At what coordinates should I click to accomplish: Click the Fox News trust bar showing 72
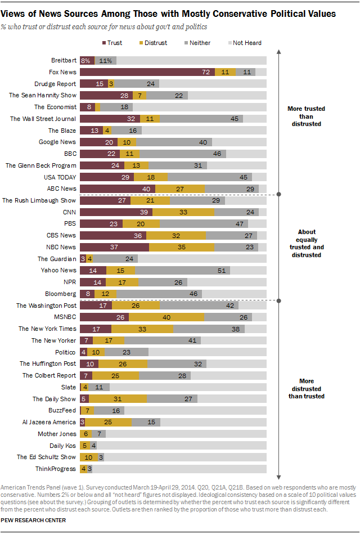point(147,72)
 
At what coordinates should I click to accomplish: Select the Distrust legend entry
point(153,43)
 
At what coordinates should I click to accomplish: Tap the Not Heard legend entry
point(245,43)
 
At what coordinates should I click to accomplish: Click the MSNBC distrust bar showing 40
point(166,317)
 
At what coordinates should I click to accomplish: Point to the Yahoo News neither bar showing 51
point(183,271)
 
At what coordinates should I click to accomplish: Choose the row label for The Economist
point(56,107)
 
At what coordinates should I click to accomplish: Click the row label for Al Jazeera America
point(49,422)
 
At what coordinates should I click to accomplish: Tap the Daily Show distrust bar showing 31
point(118,399)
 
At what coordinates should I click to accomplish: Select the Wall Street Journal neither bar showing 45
point(201,119)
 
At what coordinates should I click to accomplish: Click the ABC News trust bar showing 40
point(118,189)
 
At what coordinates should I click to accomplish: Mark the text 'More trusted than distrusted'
point(306,116)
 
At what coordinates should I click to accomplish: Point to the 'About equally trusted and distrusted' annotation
point(307,243)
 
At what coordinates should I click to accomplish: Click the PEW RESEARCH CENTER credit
point(33,520)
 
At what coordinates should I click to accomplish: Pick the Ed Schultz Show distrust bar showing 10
point(89,457)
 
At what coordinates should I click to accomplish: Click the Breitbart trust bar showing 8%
point(87,61)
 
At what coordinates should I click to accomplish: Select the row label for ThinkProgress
point(56,469)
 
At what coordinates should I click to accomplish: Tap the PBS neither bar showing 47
point(204,224)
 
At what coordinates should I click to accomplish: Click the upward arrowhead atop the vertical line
point(278,52)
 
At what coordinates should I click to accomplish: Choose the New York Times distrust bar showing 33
point(142,329)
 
